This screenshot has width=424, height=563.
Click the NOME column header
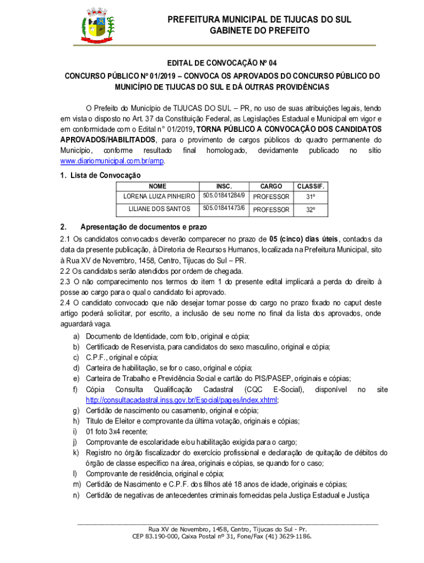(157, 186)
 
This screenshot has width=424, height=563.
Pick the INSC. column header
(224, 186)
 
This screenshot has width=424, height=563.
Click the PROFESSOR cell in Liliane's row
(271, 209)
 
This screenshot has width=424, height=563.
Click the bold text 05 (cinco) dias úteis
(305, 239)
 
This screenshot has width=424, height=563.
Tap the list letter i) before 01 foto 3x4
(74, 432)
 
